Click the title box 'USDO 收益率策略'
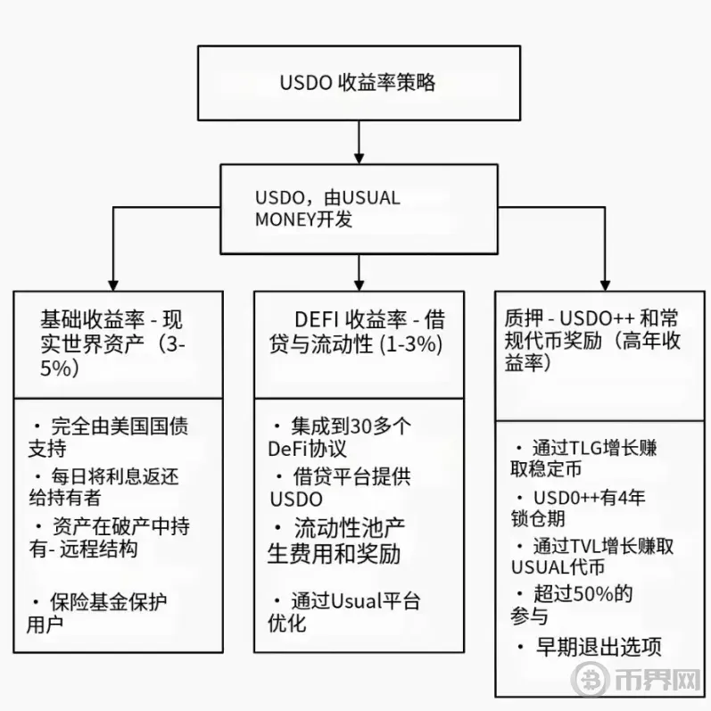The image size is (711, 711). (359, 83)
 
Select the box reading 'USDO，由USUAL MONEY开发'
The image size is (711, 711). (359, 209)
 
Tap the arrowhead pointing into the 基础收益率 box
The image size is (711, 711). (113, 285)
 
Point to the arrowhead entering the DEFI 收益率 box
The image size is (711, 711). (359, 285)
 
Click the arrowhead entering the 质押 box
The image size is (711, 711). (605, 285)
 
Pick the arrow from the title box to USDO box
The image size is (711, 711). (359, 142)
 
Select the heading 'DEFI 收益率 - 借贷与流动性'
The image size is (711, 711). (357, 332)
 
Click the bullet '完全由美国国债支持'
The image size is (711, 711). (108, 437)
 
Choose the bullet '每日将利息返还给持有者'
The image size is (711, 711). (103, 487)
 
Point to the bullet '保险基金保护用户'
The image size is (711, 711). (96, 613)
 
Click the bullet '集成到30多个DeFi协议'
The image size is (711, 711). (340, 437)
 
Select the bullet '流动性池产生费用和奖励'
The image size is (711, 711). (336, 541)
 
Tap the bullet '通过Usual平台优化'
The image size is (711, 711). (343, 612)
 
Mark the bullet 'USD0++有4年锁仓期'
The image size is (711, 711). (578, 508)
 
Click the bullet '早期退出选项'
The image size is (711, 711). (589, 647)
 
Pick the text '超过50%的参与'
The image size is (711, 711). (571, 605)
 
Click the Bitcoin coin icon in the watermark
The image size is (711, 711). (590, 679)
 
